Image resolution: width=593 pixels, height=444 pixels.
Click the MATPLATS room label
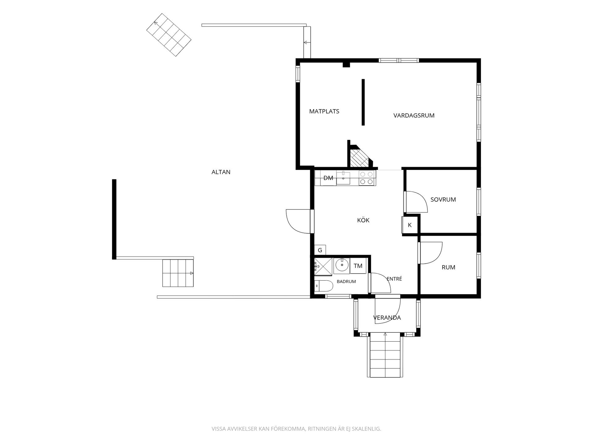pos(324,111)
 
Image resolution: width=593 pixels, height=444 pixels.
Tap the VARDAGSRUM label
pos(414,116)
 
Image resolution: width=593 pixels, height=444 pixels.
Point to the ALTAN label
pos(221,172)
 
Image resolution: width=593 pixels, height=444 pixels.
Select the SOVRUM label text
pos(443,199)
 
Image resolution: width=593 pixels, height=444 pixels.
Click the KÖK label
pos(363,220)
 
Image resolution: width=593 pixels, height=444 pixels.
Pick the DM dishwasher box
pos(328,178)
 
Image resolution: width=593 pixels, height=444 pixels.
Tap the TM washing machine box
pos(358,266)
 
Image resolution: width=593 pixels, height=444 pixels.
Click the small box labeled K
pos(410,225)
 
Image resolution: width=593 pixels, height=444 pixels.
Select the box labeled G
pos(320,250)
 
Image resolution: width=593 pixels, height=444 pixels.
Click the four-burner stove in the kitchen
pos(367,178)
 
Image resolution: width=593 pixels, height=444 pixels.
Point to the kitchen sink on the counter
pos(343,178)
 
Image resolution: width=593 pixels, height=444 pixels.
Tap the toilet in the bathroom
pos(323,286)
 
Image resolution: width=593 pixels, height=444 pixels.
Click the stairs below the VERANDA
pos(385,355)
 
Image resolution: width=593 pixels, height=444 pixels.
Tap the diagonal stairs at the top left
pos(169,35)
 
